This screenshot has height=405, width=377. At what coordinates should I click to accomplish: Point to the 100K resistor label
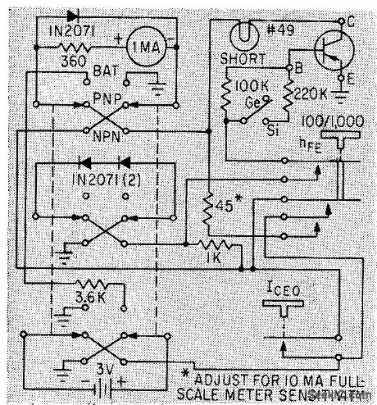[x=249, y=84]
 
